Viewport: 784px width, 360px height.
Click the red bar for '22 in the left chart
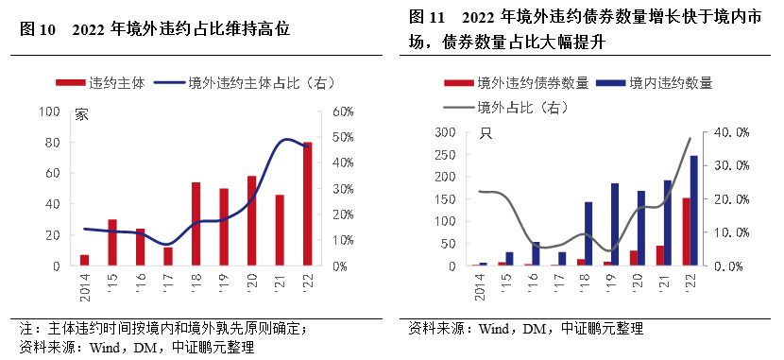306,204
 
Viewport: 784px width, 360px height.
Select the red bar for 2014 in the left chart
84,260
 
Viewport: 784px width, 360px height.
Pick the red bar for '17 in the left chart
168,256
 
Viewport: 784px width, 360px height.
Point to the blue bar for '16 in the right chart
536,253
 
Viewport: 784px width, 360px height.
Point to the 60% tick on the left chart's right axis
340,111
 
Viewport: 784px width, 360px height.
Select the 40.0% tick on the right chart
729,132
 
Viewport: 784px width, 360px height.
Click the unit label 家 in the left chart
81,115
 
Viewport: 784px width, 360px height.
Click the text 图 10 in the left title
38,29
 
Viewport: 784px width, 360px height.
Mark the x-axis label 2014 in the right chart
480,283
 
